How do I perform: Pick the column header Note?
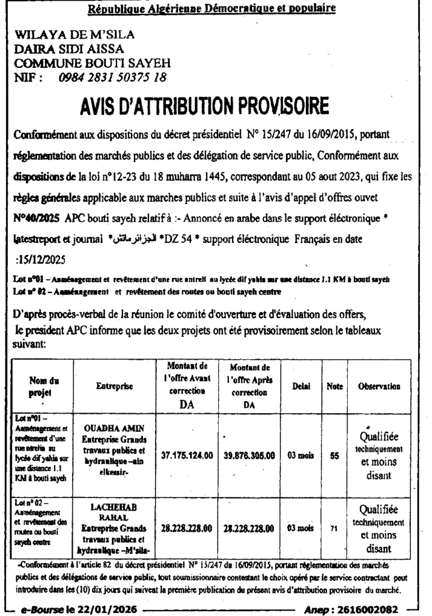coord(335,388)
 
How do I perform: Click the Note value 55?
coord(334,456)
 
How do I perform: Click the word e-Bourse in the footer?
coord(40,610)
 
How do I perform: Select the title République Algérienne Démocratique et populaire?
coord(212,9)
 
